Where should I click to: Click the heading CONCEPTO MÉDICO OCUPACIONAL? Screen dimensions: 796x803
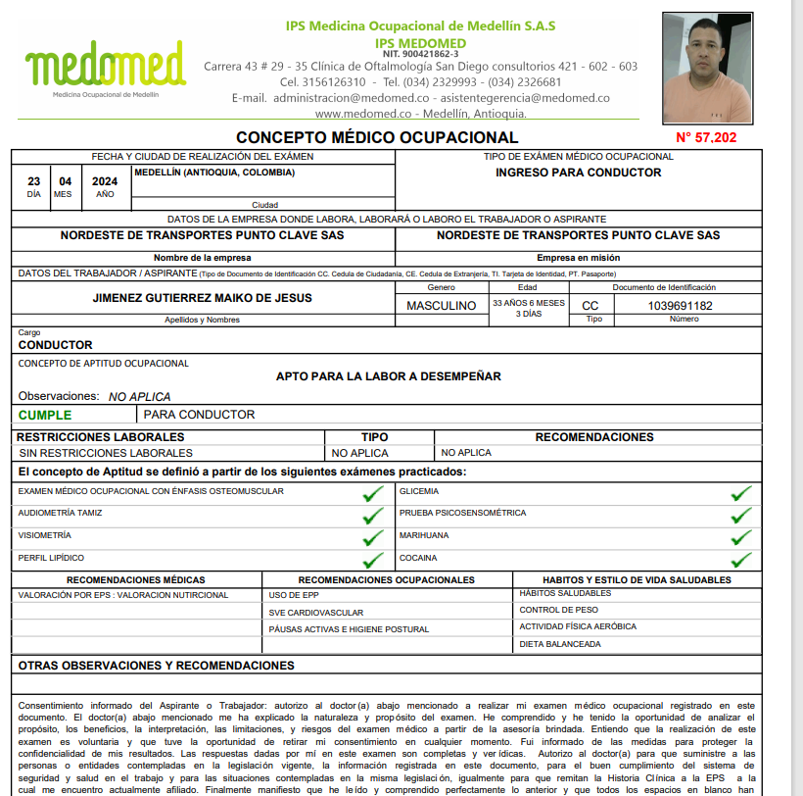pyautogui.click(x=377, y=138)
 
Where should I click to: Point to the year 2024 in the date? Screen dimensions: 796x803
pyautogui.click(x=105, y=181)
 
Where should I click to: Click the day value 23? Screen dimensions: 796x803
pyautogui.click(x=34, y=181)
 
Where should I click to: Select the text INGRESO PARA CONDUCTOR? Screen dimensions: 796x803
pyautogui.click(x=578, y=173)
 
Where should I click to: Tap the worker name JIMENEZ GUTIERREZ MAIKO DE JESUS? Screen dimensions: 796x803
pyautogui.click(x=203, y=298)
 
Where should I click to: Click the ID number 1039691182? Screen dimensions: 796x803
pyautogui.click(x=681, y=306)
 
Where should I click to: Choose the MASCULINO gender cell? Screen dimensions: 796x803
pyautogui.click(x=441, y=306)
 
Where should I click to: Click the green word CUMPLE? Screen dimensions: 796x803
pyautogui.click(x=45, y=415)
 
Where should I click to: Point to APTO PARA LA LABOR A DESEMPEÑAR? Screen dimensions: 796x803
pyautogui.click(x=389, y=376)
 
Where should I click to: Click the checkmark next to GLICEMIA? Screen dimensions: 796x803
pyautogui.click(x=741, y=492)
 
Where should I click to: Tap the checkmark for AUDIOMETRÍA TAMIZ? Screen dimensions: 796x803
pyautogui.click(x=372, y=515)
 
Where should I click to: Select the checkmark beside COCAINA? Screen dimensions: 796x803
pyautogui.click(x=741, y=560)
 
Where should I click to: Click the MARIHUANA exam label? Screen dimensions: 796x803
pyautogui.click(x=424, y=535)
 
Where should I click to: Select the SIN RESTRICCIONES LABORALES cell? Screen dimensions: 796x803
pyautogui.click(x=106, y=453)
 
